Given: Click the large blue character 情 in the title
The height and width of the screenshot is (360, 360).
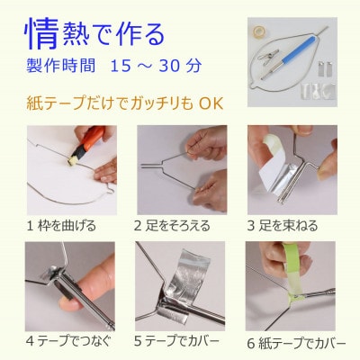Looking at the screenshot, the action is click(x=41, y=34).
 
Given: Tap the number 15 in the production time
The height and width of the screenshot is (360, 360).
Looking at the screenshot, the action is click(x=121, y=66).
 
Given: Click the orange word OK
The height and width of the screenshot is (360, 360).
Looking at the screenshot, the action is click(x=211, y=103).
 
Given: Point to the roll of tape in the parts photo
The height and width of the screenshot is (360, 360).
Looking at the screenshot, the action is click(x=258, y=31).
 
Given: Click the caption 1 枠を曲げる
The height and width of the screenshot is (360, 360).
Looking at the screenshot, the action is click(x=61, y=226).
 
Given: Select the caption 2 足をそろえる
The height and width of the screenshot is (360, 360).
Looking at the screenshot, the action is click(x=172, y=226).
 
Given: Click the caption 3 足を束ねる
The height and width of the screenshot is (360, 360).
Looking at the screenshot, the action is click(x=283, y=226).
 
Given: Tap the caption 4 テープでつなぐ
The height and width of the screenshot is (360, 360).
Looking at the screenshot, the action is click(x=68, y=341).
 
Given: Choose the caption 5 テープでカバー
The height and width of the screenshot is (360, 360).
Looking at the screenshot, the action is click(x=176, y=341).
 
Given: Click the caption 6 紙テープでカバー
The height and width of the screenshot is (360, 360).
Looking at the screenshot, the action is click(x=296, y=344).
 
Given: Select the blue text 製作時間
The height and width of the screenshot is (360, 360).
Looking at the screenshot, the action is click(x=61, y=66).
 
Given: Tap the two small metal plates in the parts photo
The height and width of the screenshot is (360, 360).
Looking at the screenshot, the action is click(x=325, y=69).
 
